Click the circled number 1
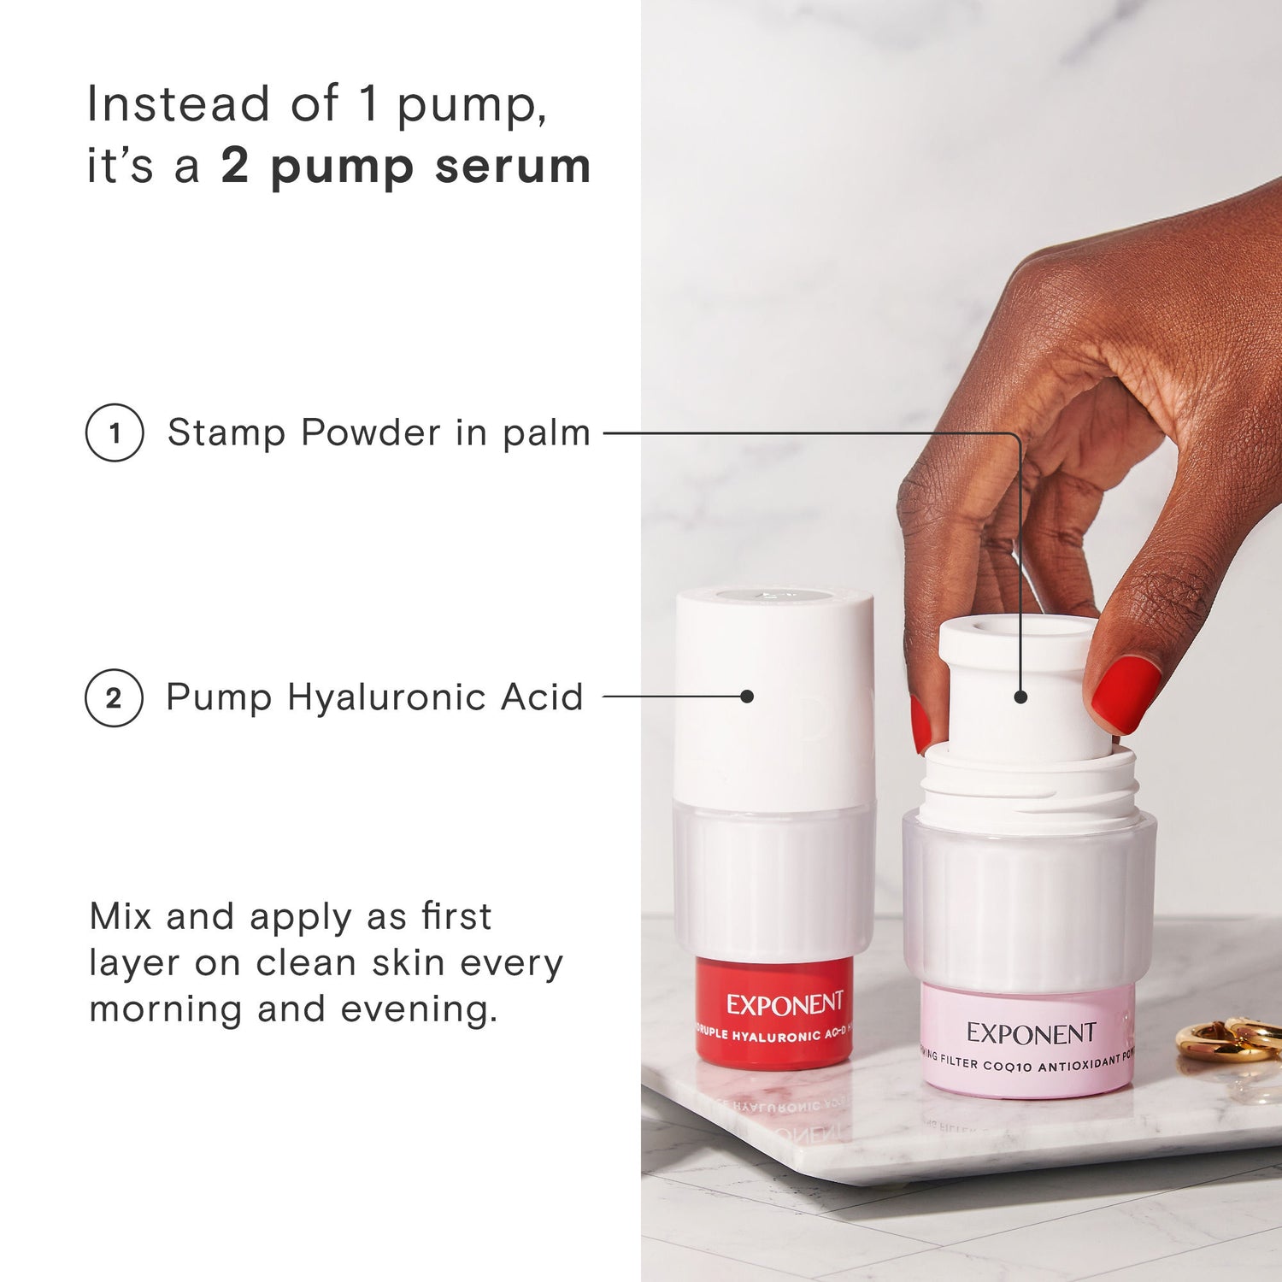115,432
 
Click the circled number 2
114,697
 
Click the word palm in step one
546,433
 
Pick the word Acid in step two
542,697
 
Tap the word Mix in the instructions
121,916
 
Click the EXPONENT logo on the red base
785,1003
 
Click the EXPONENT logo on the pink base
1031,1033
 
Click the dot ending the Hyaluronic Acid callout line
747,697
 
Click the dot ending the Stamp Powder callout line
1020,697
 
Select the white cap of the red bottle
774,692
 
